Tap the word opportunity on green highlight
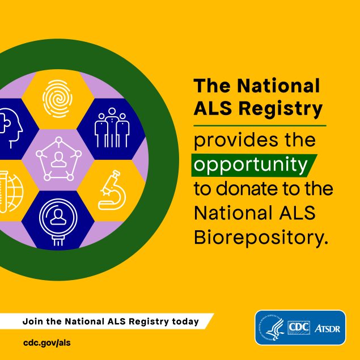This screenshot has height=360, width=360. point(249,164)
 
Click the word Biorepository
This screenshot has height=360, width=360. point(260,236)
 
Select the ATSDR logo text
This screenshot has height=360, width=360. point(327,328)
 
